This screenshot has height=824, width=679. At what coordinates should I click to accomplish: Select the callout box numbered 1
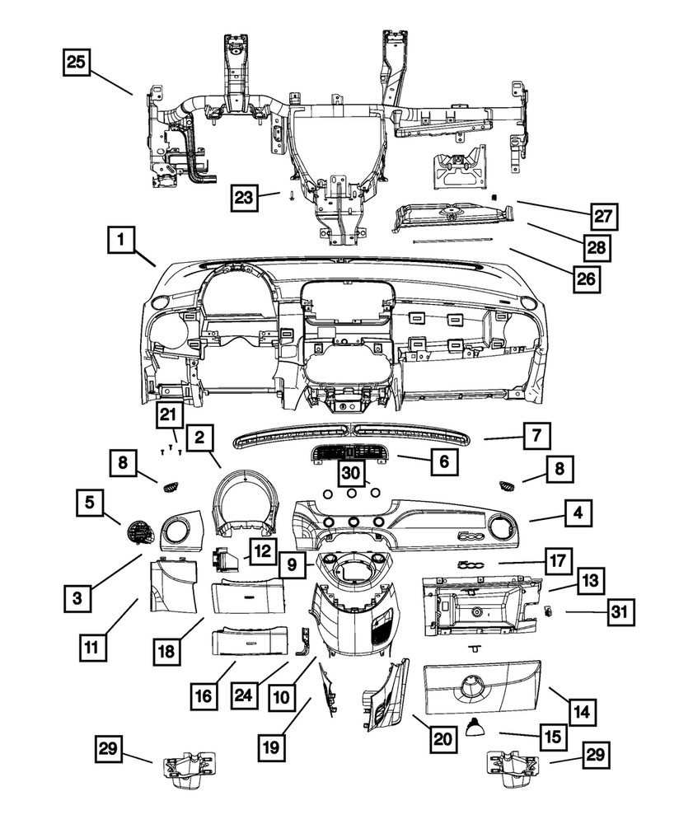[x=121, y=241]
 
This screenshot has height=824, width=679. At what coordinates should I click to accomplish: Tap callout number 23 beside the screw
[x=242, y=197]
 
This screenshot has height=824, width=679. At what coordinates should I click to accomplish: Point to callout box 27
[x=604, y=217]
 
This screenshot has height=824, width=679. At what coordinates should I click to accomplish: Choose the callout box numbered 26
[x=585, y=279]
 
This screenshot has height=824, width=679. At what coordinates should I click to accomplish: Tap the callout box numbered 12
[x=261, y=551]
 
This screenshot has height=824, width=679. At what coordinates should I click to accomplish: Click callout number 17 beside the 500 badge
[x=558, y=562]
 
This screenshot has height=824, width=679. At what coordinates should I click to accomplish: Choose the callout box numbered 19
[x=273, y=748]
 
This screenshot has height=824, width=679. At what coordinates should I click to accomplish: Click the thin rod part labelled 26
[x=452, y=241]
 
